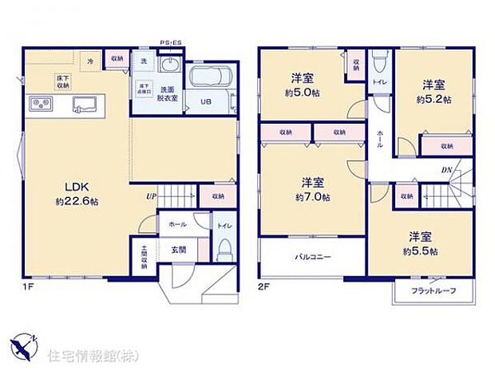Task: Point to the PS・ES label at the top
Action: point(170,42)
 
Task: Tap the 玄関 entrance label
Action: point(178,248)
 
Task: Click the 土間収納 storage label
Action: point(145,255)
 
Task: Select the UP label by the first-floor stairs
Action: point(150,195)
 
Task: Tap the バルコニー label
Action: point(312,257)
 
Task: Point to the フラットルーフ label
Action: point(434,291)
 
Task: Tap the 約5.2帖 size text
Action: point(434,100)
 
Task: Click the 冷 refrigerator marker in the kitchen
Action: point(90,61)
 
